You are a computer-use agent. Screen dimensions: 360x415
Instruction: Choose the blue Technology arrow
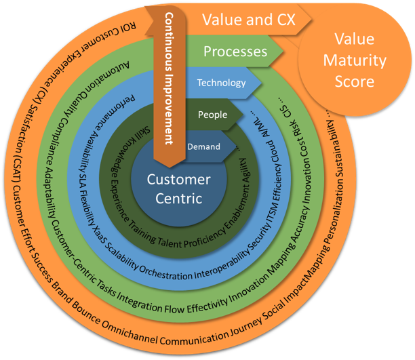[221, 83]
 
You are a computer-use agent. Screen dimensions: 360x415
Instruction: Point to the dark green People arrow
[212, 115]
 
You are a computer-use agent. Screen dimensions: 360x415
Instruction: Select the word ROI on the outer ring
[129, 28]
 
